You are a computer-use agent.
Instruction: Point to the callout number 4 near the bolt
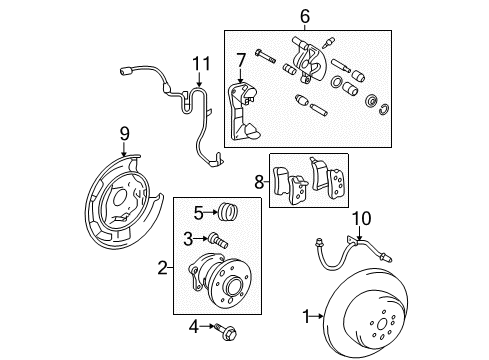point(193,326)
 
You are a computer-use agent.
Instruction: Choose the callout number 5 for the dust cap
point(199,212)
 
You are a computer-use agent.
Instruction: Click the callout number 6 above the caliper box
point(304,15)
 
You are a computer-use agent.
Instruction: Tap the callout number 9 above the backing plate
point(125,133)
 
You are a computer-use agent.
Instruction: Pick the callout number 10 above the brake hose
point(363,216)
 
